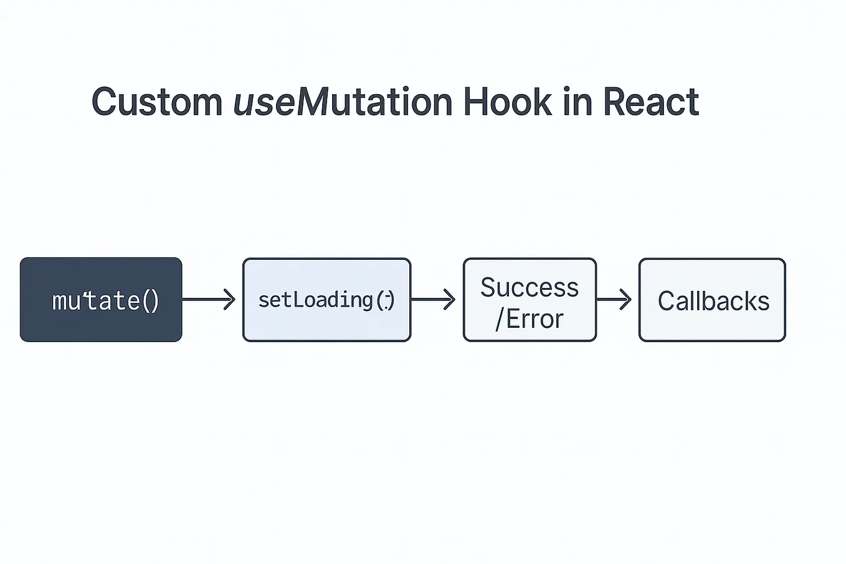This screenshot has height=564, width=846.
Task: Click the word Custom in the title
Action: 157,102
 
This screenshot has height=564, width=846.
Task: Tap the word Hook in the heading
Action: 507,102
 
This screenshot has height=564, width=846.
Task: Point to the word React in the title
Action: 651,102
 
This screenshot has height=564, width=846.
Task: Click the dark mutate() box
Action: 101,300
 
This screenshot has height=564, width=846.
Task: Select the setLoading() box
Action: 326,300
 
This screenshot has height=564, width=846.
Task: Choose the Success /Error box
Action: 530,300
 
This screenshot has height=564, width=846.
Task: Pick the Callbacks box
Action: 712,300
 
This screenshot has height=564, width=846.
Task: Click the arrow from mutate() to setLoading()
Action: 209,300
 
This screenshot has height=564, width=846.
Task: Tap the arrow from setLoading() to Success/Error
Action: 433,300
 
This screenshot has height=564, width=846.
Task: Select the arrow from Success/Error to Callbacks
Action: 614,300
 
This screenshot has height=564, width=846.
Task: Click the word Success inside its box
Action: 530,287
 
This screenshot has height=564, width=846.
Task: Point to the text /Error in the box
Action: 530,319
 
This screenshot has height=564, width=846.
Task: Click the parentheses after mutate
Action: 151,301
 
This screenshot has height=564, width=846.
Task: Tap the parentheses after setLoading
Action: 386,300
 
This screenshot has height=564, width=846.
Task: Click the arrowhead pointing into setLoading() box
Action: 230,300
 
